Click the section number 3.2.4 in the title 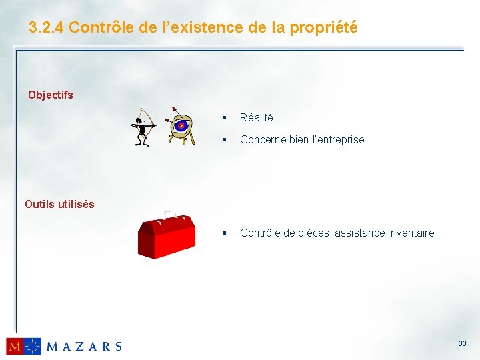(47, 27)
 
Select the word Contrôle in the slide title (98, 27)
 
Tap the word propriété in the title (323, 27)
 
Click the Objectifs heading (51, 95)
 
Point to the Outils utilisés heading (59, 204)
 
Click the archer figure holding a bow (142, 127)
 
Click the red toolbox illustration (166, 235)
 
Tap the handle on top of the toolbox (170, 215)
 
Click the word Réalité (256, 117)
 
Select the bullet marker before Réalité (225, 118)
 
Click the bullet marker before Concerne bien (225, 140)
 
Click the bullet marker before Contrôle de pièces (225, 233)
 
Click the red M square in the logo (15, 346)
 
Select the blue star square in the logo (33, 346)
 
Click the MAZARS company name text (84, 346)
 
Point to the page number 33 (462, 343)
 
